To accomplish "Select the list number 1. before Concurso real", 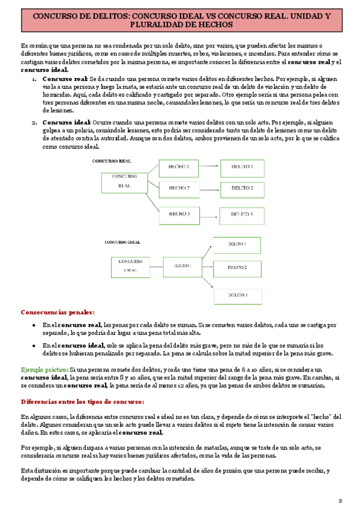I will click(34, 79).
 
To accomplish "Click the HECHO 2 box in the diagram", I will click(178, 188).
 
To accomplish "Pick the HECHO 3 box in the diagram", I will click(178, 213).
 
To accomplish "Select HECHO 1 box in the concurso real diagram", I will click(178, 166).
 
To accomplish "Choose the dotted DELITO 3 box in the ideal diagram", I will click(238, 295).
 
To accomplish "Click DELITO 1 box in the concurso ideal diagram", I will click(238, 244).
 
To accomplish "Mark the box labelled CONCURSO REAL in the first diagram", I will click(125, 182).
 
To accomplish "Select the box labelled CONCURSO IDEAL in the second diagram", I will click(130, 266).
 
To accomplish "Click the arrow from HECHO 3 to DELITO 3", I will click(209, 212).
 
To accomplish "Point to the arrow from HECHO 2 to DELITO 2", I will click(209, 188).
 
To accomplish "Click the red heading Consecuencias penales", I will click(58, 312).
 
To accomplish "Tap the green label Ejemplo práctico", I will click(44, 370).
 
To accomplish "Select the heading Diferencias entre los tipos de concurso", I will click(82, 401).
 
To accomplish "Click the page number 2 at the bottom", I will click(340, 500).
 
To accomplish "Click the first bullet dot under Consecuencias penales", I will click(35, 325).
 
